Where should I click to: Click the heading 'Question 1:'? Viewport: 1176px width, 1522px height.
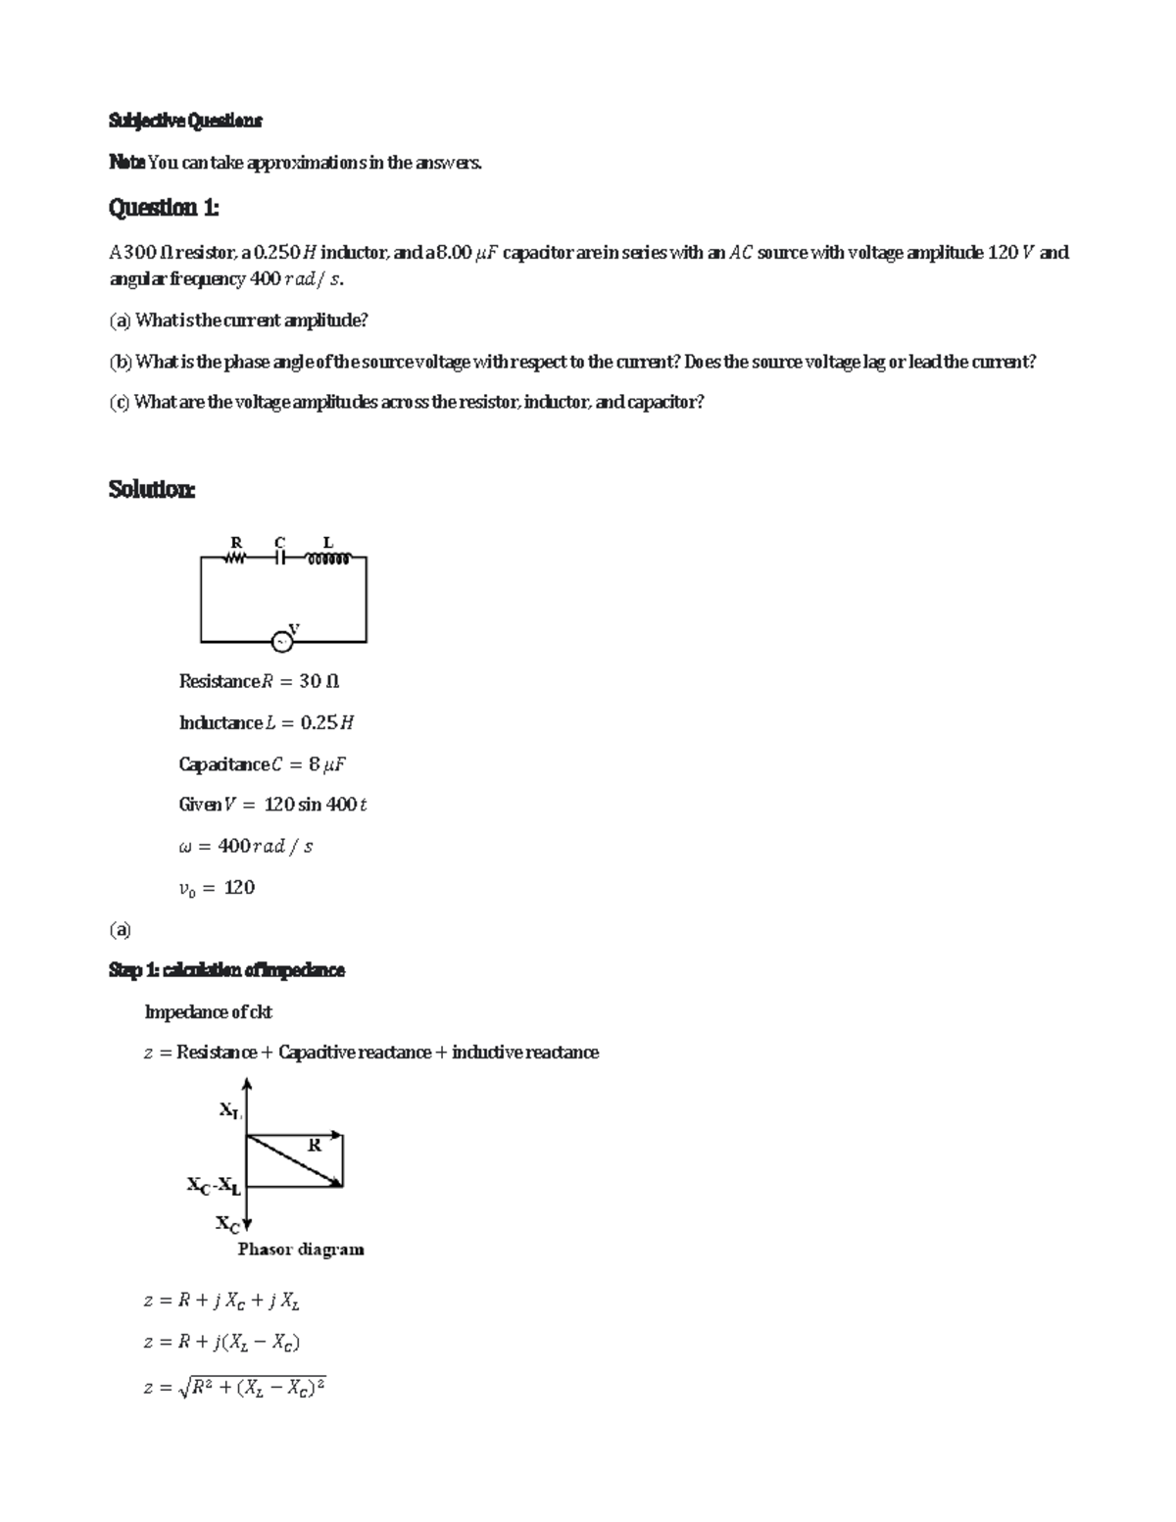164,208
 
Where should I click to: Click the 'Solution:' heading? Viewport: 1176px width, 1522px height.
152,489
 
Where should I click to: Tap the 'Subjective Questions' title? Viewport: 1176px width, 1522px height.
185,121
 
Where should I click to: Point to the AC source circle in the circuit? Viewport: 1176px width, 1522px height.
281,642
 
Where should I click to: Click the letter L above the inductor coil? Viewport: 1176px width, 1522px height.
328,542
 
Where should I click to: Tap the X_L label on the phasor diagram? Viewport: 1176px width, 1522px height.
229,1110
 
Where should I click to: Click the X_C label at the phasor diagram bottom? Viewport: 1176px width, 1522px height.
227,1224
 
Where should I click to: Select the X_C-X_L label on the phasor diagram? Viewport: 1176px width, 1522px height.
214,1186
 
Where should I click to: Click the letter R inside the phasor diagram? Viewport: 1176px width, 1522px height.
314,1145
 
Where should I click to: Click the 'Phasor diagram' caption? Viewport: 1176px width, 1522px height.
301,1250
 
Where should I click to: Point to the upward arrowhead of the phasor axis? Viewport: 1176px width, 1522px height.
247,1083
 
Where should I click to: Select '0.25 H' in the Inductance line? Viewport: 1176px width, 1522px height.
326,722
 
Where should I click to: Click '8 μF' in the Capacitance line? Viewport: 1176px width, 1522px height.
327,763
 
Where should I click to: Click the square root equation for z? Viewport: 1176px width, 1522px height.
235,1387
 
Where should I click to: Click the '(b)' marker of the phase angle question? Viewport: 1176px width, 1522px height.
120,362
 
